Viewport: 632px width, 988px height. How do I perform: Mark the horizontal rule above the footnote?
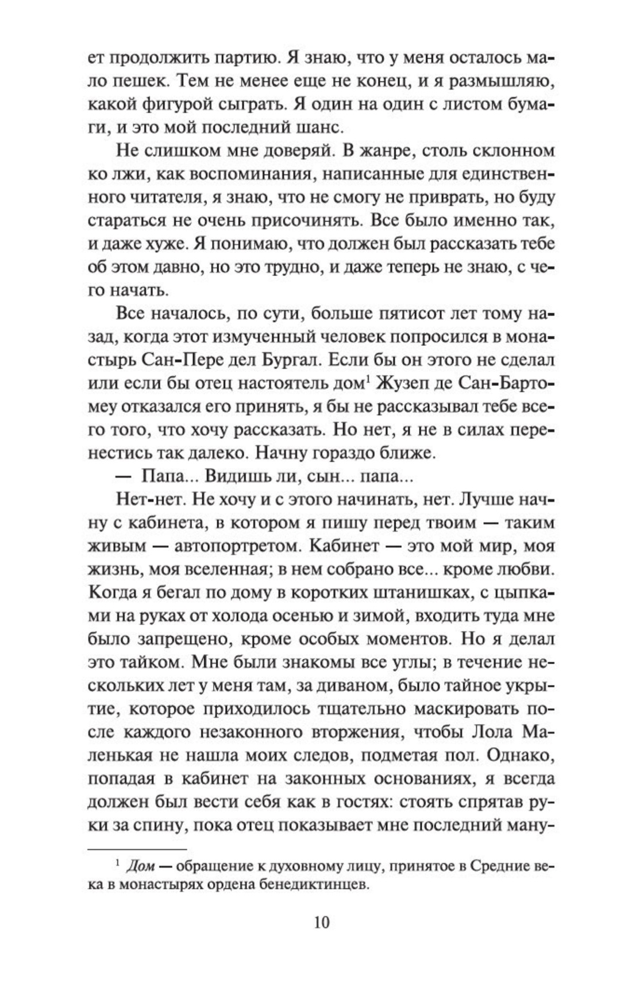[137, 848]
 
